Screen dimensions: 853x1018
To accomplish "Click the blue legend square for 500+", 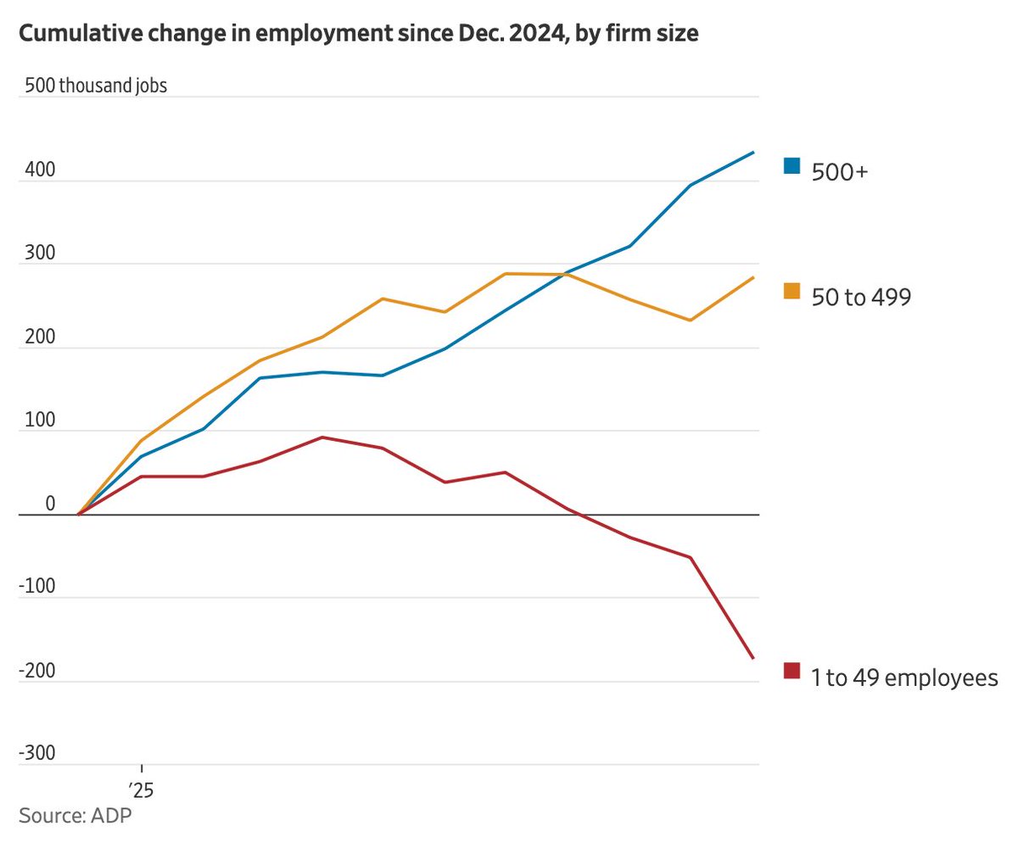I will pyautogui.click(x=791, y=165).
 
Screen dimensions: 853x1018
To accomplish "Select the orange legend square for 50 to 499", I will pyautogui.click(x=791, y=291).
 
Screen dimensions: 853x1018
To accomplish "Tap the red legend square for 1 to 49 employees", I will pyautogui.click(x=791, y=671).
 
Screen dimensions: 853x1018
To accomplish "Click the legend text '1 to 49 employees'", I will pyautogui.click(x=904, y=677).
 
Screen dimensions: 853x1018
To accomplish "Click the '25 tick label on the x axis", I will pyautogui.click(x=141, y=791).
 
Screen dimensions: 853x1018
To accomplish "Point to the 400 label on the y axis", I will pyautogui.click(x=40, y=170).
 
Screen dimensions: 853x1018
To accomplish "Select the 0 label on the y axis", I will pyautogui.click(x=50, y=504).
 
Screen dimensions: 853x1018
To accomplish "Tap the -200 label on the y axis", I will pyautogui.click(x=36, y=671).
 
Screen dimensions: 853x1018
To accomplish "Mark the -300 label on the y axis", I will pyautogui.click(x=36, y=754).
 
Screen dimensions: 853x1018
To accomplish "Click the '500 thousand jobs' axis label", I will pyautogui.click(x=95, y=86).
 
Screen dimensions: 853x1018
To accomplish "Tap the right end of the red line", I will pyautogui.click(x=753, y=658).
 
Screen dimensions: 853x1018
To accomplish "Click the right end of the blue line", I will pyautogui.click(x=753, y=153).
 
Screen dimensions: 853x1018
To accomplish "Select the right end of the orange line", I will pyautogui.click(x=753, y=277).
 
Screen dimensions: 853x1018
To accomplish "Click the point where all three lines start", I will pyautogui.click(x=79, y=514).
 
